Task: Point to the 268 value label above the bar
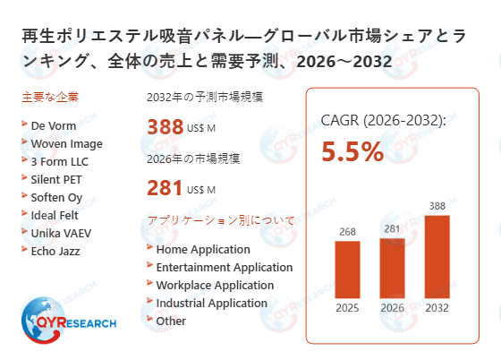point(348,232)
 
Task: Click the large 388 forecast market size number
point(165,127)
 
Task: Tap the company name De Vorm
point(53,125)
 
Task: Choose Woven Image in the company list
point(66,143)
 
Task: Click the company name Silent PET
point(59,179)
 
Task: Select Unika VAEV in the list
point(61,233)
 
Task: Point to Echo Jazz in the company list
point(55,251)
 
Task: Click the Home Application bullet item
point(202,249)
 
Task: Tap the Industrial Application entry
point(211,303)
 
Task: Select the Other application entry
point(171,321)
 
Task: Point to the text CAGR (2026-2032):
point(383,121)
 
